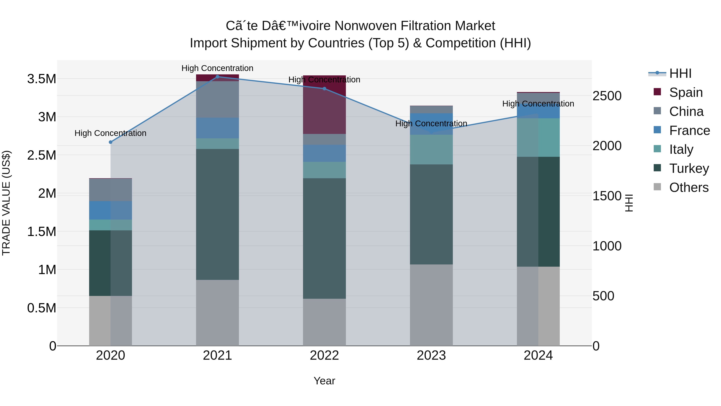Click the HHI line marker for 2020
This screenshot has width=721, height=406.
[x=111, y=142]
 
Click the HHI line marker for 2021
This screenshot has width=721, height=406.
[x=218, y=77]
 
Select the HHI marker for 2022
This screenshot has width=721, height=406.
[x=324, y=89]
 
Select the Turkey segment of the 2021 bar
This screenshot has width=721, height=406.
[x=218, y=214]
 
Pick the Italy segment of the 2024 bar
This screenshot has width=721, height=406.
[x=538, y=137]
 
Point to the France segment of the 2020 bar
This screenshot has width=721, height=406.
[x=111, y=210]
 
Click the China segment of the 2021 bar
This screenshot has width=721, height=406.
[x=218, y=99]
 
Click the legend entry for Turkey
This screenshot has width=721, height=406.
[x=689, y=168]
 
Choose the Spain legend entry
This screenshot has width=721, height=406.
[x=686, y=92]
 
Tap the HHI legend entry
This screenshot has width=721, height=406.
[x=680, y=73]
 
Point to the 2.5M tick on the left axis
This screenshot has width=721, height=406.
[x=42, y=155]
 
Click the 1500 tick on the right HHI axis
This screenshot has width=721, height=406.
[x=607, y=196]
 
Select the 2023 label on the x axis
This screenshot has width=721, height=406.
[x=431, y=355]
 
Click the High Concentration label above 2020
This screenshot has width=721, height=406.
[x=111, y=133]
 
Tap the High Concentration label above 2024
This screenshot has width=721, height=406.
[x=538, y=104]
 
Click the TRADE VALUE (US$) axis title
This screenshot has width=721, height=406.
[x=6, y=203]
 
